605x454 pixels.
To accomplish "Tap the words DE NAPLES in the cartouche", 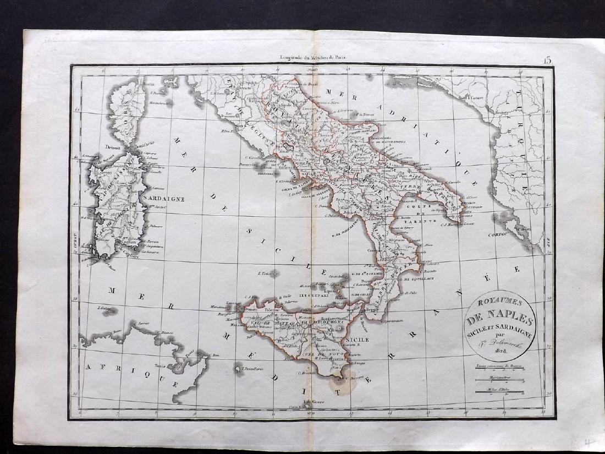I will tap(499, 319).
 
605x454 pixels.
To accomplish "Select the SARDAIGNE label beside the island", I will tap(163, 198).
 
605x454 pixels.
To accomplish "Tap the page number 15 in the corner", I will tap(548, 61).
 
